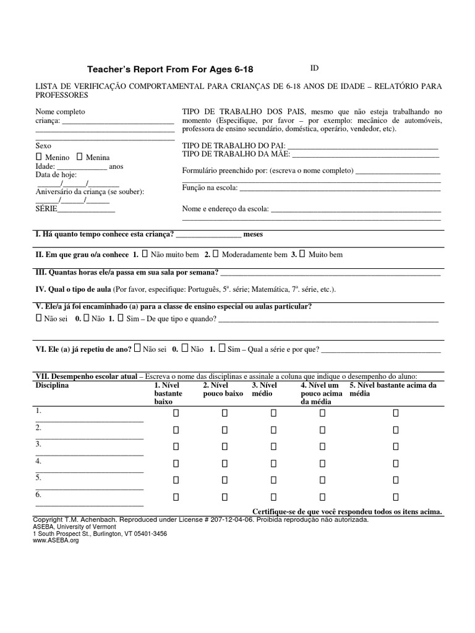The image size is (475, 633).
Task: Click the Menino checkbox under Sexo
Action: tap(38, 158)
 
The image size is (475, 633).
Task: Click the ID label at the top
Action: tap(314, 67)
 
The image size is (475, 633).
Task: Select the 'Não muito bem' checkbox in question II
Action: tap(144, 254)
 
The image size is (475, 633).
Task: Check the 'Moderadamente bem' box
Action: tap(215, 254)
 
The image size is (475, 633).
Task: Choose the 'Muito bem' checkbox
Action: tap(302, 254)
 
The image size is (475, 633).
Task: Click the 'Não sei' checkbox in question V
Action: tap(38, 318)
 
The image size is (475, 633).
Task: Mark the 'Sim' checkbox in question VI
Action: tap(221, 349)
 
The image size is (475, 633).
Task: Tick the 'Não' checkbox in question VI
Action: tap(184, 349)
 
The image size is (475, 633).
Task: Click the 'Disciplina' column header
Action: tap(53, 385)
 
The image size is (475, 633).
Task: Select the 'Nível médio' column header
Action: tap(264, 389)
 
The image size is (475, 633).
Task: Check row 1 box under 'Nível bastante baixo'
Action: tap(176, 413)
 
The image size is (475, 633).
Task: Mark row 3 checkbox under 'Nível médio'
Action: tap(273, 446)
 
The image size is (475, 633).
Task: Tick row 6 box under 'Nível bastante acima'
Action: tap(396, 496)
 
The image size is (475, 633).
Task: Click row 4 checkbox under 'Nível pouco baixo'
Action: tap(225, 463)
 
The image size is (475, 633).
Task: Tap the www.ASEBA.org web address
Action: tap(56, 540)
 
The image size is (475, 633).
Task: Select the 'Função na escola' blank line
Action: tap(340, 188)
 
